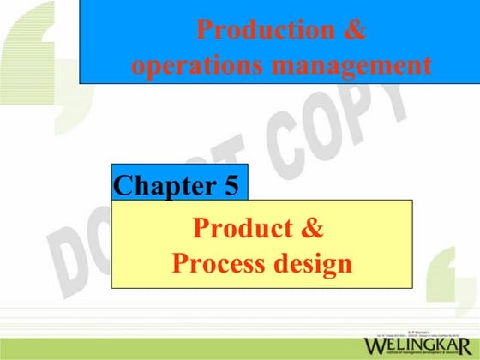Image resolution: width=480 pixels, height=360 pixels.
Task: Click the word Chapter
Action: [x=164, y=184]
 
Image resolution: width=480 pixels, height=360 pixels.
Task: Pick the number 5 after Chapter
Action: [x=231, y=184]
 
